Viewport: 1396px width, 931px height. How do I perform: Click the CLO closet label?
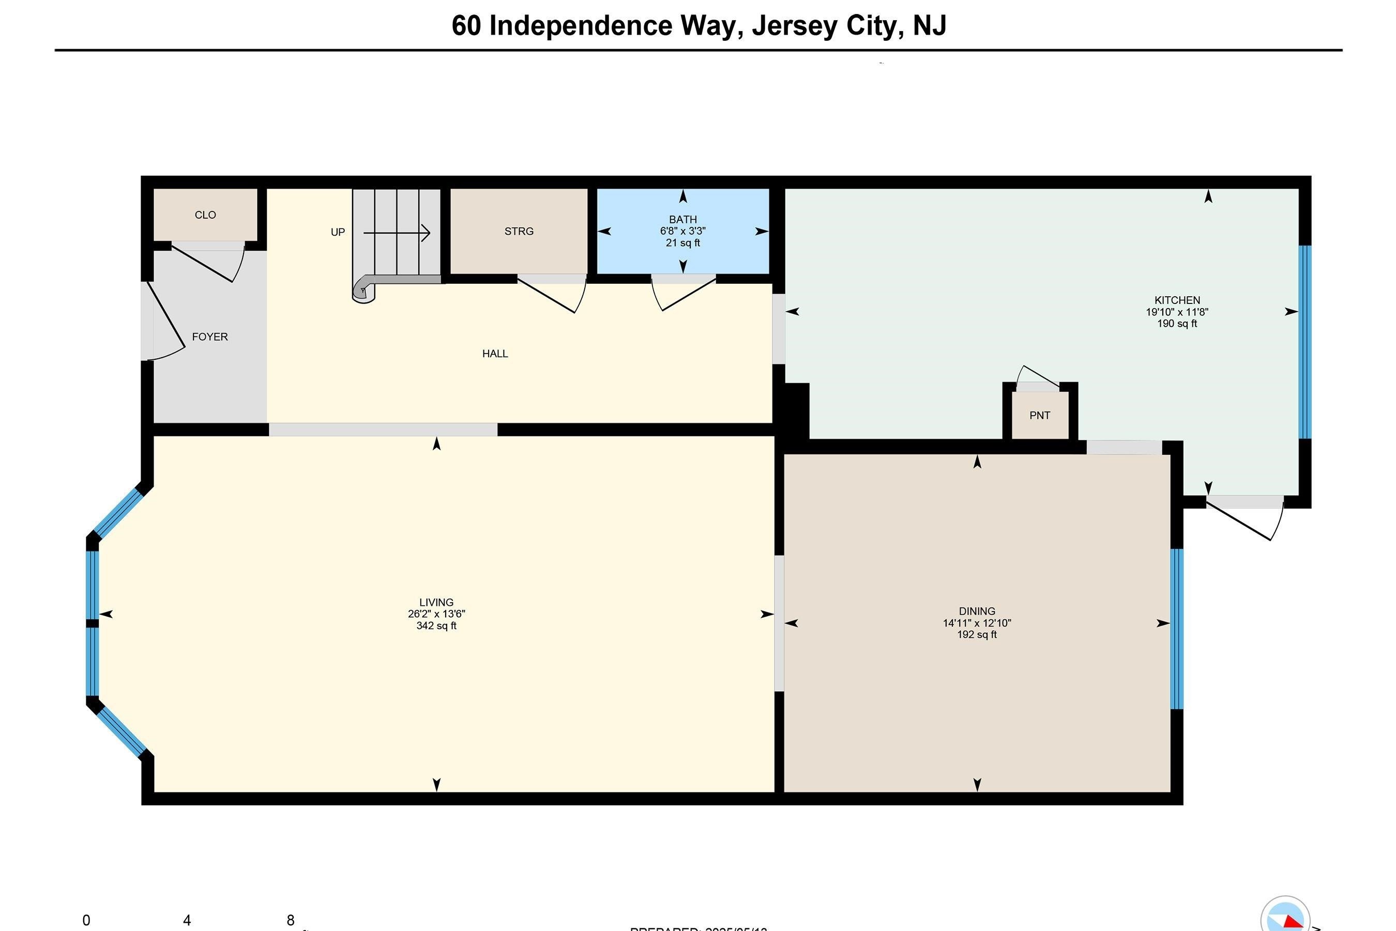tap(205, 215)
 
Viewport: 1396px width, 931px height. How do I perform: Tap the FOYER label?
tap(209, 337)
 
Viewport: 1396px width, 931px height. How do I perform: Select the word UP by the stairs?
tap(337, 232)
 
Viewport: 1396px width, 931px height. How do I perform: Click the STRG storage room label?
tap(519, 232)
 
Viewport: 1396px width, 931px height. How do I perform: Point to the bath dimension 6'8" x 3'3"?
tap(682, 231)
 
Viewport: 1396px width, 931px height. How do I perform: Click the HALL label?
tap(495, 354)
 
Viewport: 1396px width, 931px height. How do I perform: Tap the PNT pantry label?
tap(1039, 416)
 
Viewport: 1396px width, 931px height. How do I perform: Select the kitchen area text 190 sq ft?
tap(1176, 324)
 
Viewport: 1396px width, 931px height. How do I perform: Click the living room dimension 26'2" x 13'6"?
tap(436, 614)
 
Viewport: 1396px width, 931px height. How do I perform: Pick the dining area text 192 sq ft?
tap(976, 635)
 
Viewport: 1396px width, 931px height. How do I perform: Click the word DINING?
tap(976, 611)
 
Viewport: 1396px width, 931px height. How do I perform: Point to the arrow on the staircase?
tap(397, 233)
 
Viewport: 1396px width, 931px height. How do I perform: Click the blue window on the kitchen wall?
tap(1304, 342)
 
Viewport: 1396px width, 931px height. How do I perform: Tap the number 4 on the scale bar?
tap(187, 920)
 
